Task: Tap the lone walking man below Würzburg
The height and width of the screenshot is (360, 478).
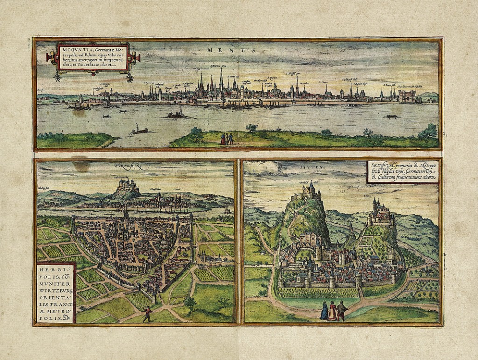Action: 148,313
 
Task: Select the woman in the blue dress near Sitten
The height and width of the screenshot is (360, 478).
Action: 324,311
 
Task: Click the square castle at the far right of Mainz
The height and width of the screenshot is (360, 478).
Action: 407,96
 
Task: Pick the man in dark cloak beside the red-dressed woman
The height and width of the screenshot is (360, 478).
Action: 342,310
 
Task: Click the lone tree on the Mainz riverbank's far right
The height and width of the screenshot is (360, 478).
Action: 429,132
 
